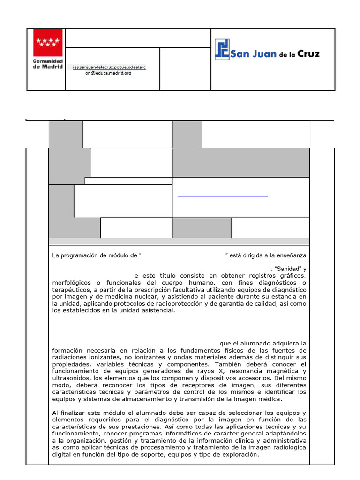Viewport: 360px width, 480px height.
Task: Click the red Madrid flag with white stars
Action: [x=46, y=43]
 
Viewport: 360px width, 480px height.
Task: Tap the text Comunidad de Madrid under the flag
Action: [x=46, y=64]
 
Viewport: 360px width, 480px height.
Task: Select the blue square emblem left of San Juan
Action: [x=222, y=49]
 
